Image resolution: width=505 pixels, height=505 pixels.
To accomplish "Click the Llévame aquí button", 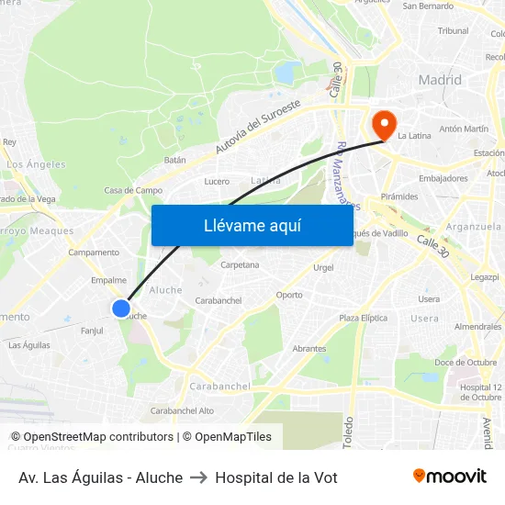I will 252,225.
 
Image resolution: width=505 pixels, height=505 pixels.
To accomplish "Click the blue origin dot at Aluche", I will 121,309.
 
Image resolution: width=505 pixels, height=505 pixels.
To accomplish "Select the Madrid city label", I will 440,80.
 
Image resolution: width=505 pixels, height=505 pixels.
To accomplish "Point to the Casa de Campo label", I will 133,190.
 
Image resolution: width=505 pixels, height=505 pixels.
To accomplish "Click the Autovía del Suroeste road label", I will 258,126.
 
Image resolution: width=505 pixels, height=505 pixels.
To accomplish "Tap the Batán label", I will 174,160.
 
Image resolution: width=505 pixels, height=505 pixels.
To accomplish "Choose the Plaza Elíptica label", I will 361,318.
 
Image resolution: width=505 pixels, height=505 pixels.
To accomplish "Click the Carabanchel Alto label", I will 182,410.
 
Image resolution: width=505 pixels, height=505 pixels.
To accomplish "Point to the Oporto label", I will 289,295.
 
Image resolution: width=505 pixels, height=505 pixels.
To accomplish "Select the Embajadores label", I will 443,178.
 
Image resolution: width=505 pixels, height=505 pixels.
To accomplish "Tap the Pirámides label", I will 399,196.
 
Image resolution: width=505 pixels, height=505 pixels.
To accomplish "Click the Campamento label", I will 94,252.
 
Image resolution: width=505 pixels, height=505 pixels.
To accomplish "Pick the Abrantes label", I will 309,349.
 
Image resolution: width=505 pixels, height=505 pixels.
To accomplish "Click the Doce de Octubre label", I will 466,362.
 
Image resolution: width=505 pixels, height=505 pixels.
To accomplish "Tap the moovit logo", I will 450,477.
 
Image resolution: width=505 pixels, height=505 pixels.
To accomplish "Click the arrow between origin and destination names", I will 198,477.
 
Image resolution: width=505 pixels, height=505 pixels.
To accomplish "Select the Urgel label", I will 323,268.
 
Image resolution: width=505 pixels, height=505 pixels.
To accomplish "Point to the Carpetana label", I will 240,264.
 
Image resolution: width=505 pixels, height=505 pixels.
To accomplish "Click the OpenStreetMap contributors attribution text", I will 92,437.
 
